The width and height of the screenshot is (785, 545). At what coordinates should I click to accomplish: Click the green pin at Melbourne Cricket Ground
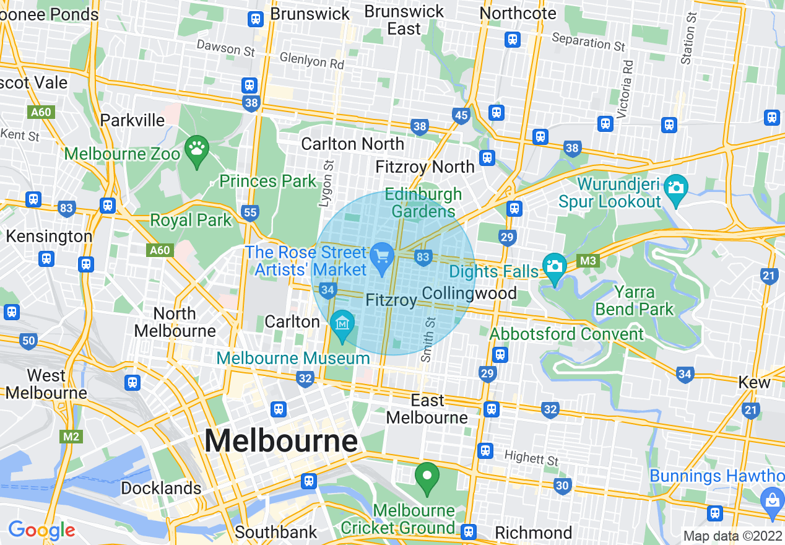click(x=427, y=476)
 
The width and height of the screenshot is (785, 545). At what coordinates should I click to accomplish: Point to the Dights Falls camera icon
click(x=554, y=266)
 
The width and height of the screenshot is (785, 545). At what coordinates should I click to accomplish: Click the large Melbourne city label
click(x=281, y=442)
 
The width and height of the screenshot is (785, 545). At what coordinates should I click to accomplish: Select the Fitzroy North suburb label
click(x=425, y=167)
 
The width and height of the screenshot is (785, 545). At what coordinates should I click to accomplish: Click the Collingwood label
click(x=469, y=293)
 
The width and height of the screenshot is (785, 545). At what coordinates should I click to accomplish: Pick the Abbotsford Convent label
click(x=566, y=334)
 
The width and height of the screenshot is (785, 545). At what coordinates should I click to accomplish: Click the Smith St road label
click(x=428, y=339)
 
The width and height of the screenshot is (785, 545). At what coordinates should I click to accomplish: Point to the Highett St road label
click(x=531, y=458)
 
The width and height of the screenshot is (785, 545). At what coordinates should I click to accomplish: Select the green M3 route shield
click(x=589, y=261)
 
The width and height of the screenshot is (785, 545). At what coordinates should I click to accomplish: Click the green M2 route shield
click(x=71, y=437)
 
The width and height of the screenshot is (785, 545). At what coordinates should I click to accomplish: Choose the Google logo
click(x=41, y=530)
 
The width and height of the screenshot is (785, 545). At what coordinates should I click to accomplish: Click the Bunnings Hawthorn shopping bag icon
click(x=773, y=497)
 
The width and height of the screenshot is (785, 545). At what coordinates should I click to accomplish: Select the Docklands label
click(x=161, y=488)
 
